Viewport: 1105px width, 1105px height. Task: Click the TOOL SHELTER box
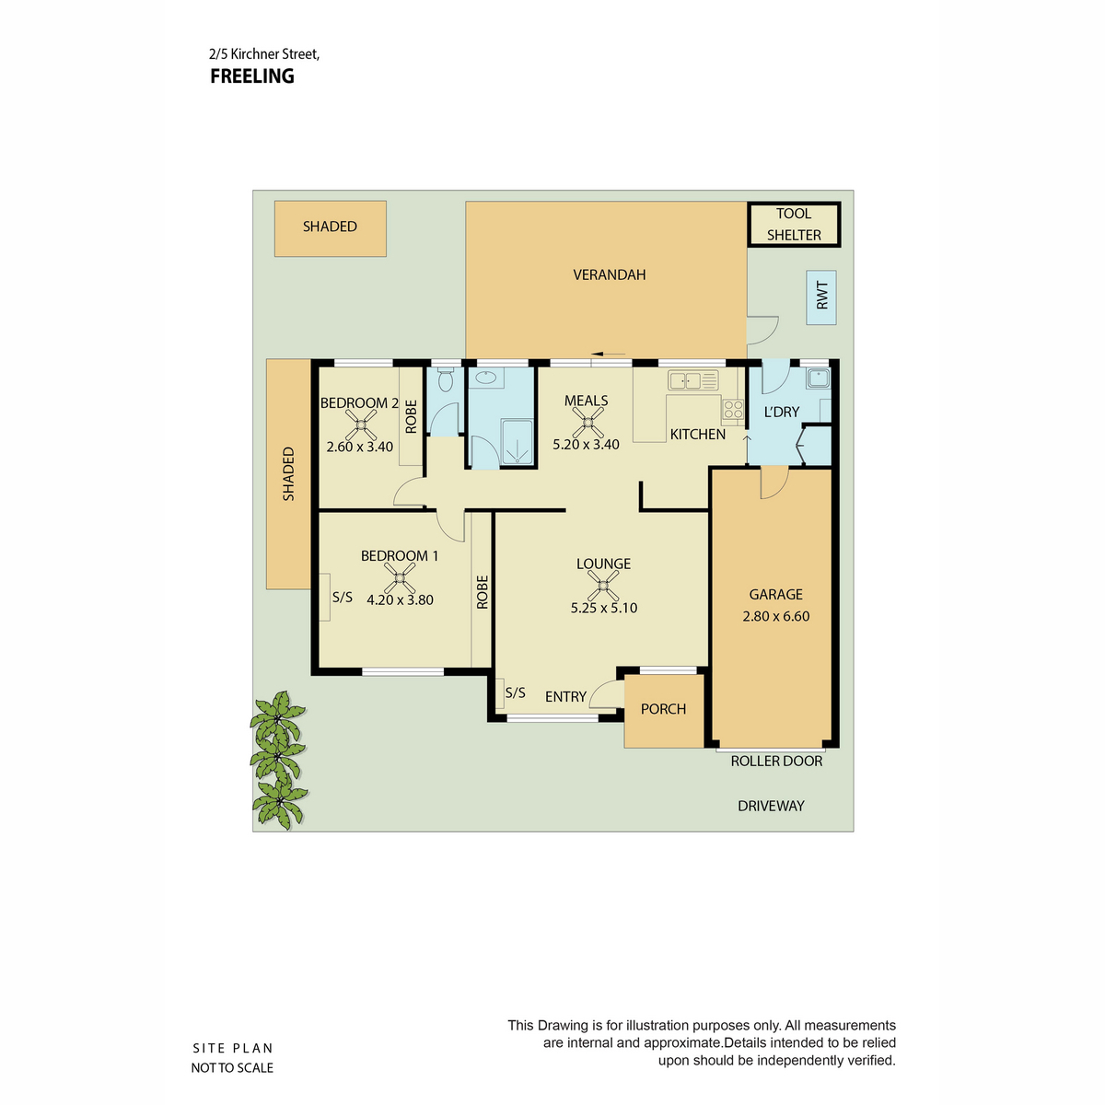point(794,224)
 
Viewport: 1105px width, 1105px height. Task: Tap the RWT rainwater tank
point(821,297)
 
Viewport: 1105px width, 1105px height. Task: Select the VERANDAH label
point(609,274)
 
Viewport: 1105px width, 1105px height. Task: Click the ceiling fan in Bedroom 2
point(361,425)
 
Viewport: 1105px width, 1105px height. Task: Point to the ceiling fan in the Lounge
point(602,586)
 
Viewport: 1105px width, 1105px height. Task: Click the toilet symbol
point(446,379)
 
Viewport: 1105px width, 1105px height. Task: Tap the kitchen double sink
point(692,380)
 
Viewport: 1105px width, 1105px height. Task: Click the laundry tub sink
point(818,378)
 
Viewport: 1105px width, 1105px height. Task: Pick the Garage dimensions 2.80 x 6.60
point(776,616)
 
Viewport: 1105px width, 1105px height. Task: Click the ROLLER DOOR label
point(776,761)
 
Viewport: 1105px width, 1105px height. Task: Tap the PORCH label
point(663,709)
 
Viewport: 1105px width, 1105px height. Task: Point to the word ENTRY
point(565,696)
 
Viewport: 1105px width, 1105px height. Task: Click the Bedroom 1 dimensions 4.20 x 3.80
point(400,599)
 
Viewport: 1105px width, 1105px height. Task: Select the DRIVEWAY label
point(771,806)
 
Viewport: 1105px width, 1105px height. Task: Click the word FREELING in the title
point(252,76)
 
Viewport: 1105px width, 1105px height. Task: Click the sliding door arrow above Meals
point(609,354)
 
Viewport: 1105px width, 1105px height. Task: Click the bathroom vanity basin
point(485,378)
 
